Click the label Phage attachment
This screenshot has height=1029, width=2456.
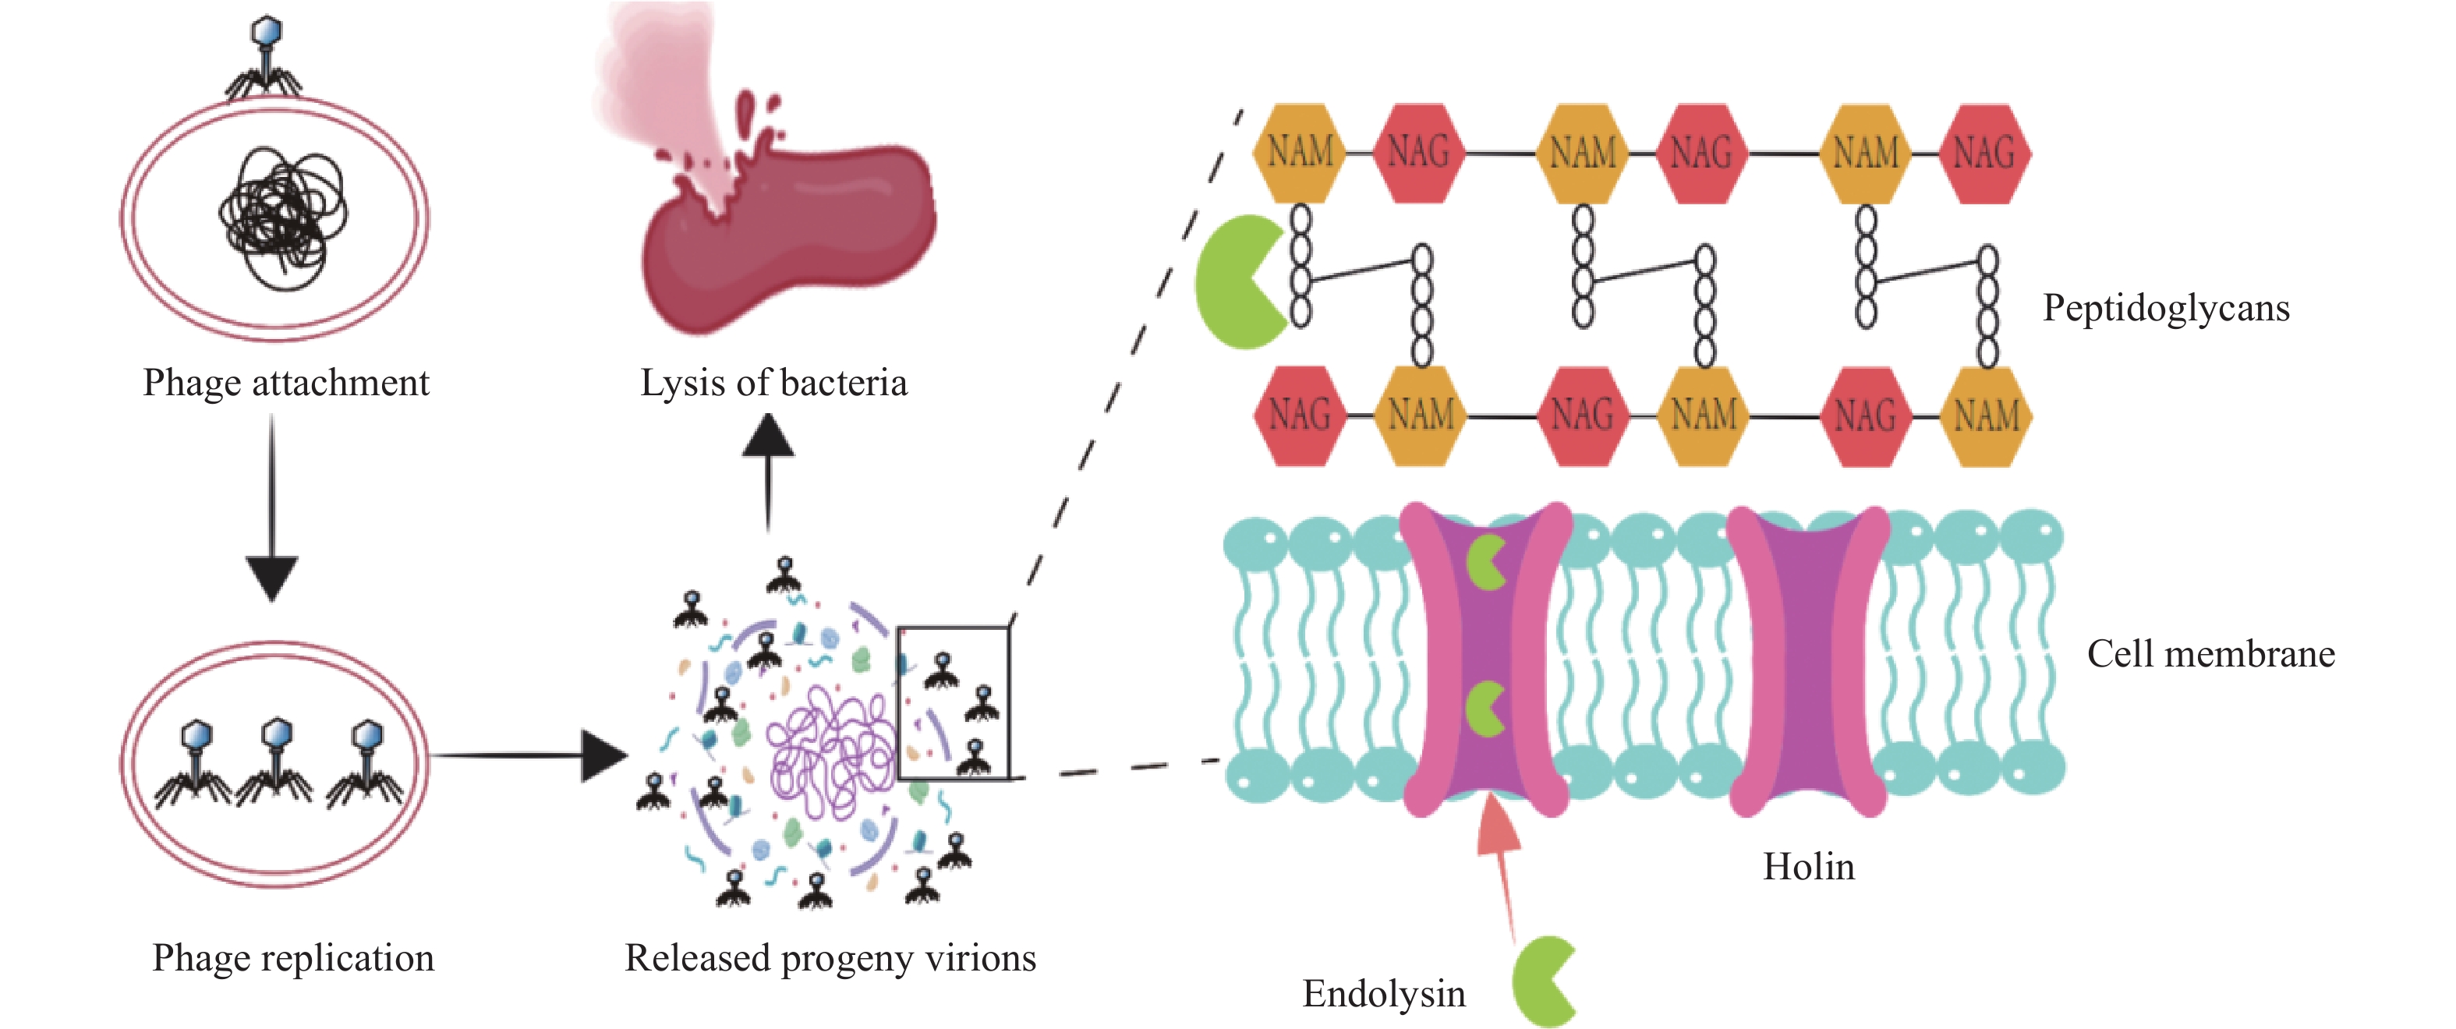click(x=286, y=384)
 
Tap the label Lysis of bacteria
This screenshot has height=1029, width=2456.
click(x=773, y=384)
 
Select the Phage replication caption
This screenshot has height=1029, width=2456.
click(x=292, y=957)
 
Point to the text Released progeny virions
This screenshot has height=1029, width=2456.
click(x=830, y=957)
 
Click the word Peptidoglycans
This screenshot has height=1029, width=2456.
click(x=2165, y=308)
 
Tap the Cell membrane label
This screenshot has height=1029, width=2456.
click(x=2210, y=654)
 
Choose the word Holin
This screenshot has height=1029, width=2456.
click(x=1807, y=867)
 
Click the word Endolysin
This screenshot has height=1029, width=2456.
click(x=1383, y=994)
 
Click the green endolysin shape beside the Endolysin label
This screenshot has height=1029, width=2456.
click(x=1541, y=982)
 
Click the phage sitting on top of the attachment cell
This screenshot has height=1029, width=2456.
click(x=264, y=57)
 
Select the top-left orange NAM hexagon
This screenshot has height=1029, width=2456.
click(x=1301, y=153)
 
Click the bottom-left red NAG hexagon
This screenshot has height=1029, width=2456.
click(x=1300, y=415)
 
